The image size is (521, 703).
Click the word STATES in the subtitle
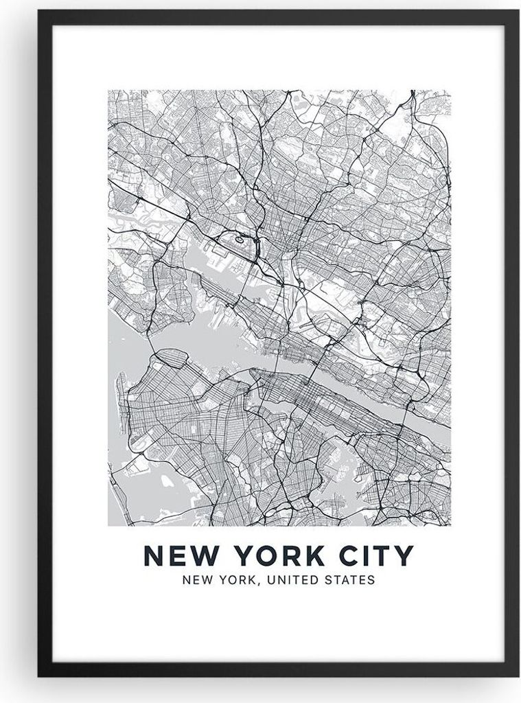click(351, 580)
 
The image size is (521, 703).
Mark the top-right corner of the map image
click(450, 90)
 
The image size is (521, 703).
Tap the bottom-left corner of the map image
click(108, 525)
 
